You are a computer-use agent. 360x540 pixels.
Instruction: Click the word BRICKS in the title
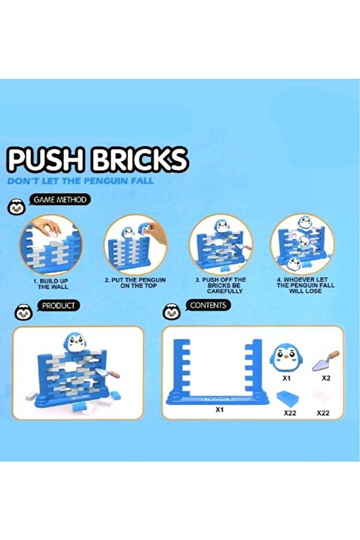(139, 160)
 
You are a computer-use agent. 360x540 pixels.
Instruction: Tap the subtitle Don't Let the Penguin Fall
(81, 181)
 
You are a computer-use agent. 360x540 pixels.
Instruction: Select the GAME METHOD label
(60, 200)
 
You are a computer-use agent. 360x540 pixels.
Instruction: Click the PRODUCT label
(58, 306)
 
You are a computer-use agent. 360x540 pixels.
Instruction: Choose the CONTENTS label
(208, 305)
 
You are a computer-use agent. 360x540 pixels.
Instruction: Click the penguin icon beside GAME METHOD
(16, 207)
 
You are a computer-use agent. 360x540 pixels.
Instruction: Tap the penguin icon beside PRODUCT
(24, 313)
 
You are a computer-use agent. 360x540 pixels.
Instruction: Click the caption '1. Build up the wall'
(51, 284)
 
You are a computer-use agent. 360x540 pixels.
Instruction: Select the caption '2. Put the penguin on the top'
(135, 283)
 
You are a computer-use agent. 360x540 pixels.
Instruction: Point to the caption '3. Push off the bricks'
(221, 285)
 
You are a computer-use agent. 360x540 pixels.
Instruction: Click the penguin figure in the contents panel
(286, 358)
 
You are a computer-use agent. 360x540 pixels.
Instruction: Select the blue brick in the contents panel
(288, 399)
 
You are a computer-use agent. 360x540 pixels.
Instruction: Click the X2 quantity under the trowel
(326, 378)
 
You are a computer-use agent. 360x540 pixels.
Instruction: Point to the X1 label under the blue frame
(220, 410)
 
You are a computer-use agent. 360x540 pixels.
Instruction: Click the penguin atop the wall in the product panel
(74, 342)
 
